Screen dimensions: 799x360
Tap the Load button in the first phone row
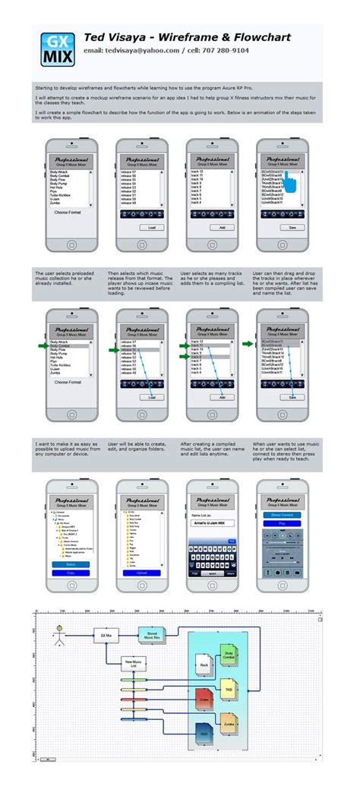pos(152,227)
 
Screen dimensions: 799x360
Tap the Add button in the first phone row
pos(222,227)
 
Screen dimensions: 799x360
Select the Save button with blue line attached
pos(292,397)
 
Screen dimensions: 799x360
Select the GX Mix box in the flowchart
pos(106,635)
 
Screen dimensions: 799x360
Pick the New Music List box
pos(134,664)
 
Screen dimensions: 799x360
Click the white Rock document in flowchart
pos(204,665)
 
